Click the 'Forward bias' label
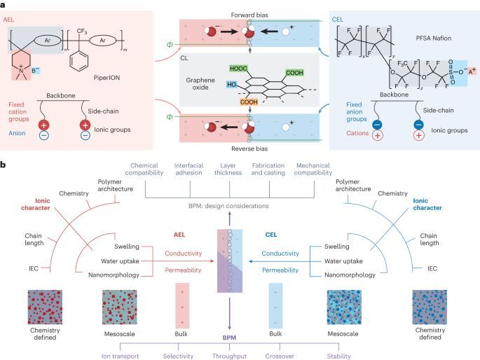[x=249, y=15]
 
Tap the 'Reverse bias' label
[x=249, y=148]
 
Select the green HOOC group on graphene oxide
[x=238, y=69]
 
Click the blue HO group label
[x=231, y=85]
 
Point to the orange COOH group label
[x=249, y=102]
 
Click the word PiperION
[x=107, y=78]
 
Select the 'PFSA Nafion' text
[x=434, y=39]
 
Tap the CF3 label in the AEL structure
[x=82, y=32]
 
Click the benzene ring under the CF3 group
[x=78, y=61]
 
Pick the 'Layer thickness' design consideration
[x=228, y=169]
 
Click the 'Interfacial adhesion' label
[x=188, y=169]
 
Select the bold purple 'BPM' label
[x=229, y=338]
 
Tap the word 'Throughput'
[x=230, y=356]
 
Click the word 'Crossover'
[x=280, y=356]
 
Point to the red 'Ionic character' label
[x=36, y=205]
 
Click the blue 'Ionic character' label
[x=427, y=205]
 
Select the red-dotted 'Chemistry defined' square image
[x=45, y=307]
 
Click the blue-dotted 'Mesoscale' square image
[x=344, y=307]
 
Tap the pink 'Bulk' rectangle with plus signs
[x=182, y=305]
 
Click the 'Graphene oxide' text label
[x=200, y=84]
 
